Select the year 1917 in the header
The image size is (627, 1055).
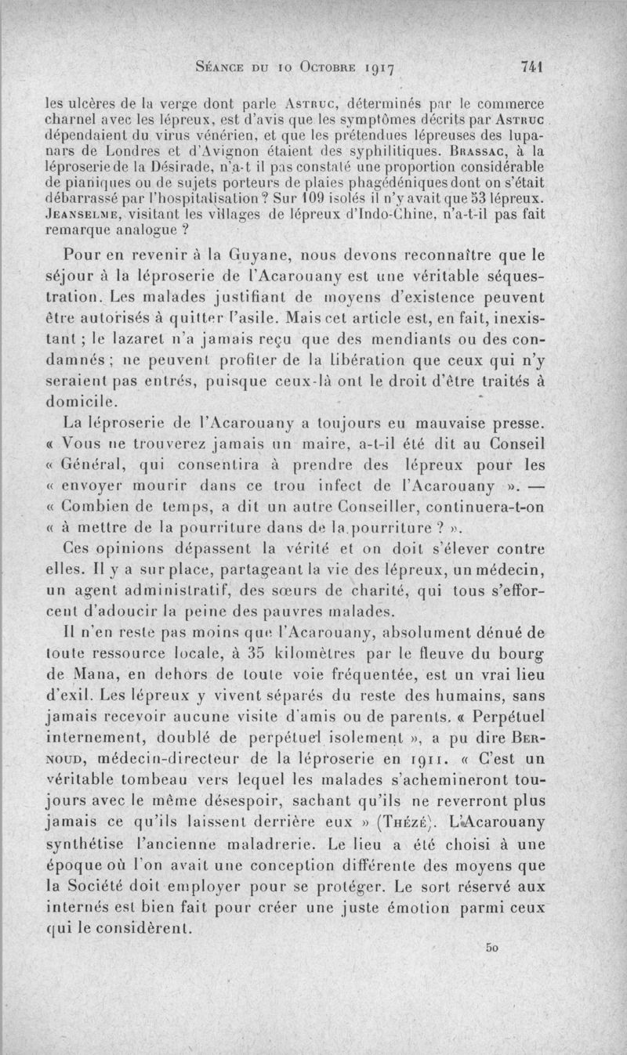click(386, 69)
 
